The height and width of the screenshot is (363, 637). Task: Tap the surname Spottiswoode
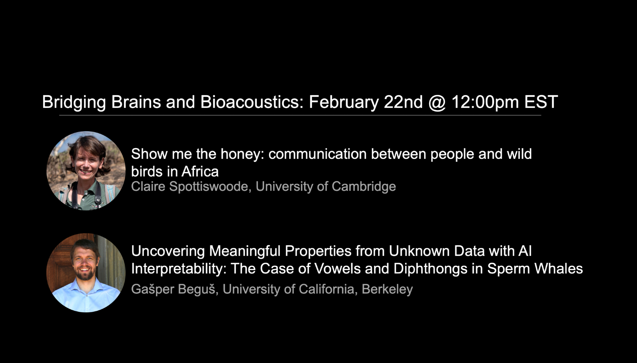[x=208, y=187]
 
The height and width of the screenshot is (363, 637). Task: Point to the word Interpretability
[x=179, y=269]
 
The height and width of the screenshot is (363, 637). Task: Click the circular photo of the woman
[x=86, y=171]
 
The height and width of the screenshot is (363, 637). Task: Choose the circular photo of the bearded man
[x=86, y=273]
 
